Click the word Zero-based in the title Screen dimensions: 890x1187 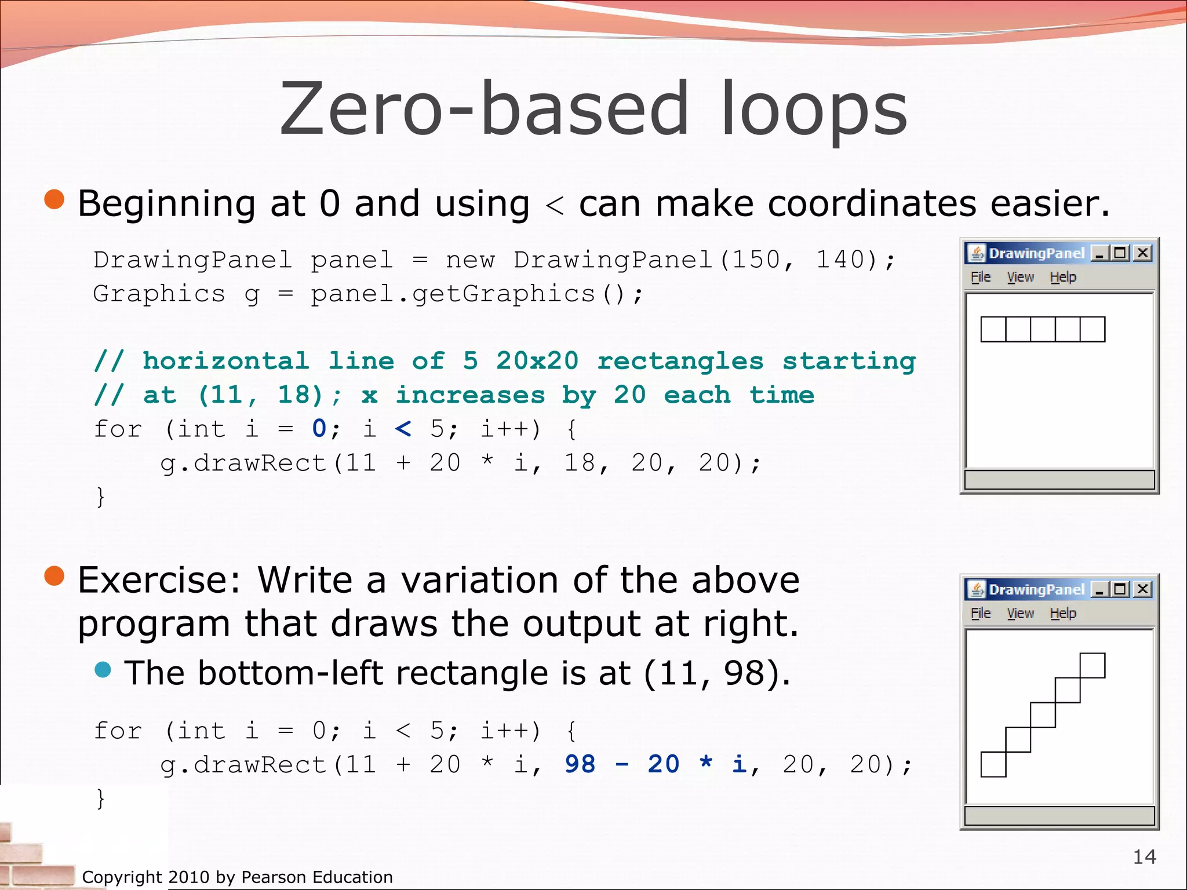(484, 109)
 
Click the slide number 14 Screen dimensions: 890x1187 (1144, 856)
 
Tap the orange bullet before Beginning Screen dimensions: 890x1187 (54, 199)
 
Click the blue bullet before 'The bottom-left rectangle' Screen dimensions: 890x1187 (103, 670)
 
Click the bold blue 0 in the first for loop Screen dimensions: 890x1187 (319, 429)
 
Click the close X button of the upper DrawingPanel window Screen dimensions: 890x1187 (1142, 253)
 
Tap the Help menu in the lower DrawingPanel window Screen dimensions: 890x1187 (1062, 613)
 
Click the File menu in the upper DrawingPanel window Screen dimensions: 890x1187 (980, 277)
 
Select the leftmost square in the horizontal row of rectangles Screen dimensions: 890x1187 (993, 329)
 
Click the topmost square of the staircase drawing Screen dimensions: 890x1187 (1093, 665)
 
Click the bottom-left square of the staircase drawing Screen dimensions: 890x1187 (993, 764)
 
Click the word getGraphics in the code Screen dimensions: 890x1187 (503, 294)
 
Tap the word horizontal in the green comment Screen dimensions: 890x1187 (225, 361)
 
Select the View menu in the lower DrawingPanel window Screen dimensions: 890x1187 (1020, 613)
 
